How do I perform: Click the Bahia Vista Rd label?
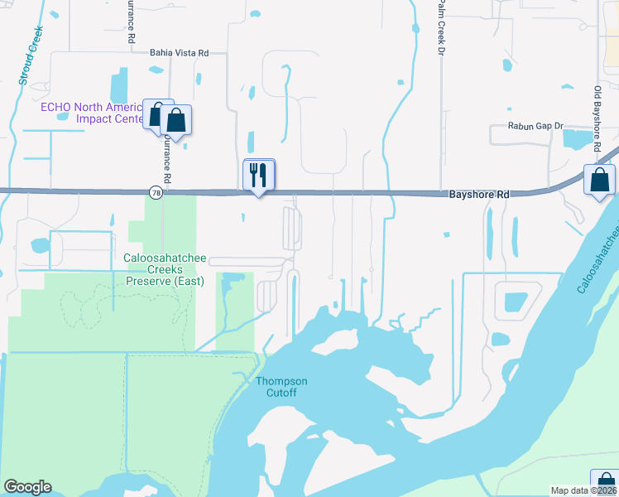[177, 52]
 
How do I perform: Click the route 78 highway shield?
[156, 192]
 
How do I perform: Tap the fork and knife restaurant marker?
[258, 175]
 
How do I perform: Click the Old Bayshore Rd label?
[597, 117]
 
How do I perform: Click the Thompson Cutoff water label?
[281, 387]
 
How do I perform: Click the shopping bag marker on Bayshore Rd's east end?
[598, 180]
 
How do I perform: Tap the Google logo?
[27, 487]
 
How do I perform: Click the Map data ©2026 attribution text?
[583, 490]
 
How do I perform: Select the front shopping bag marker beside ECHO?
[175, 120]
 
